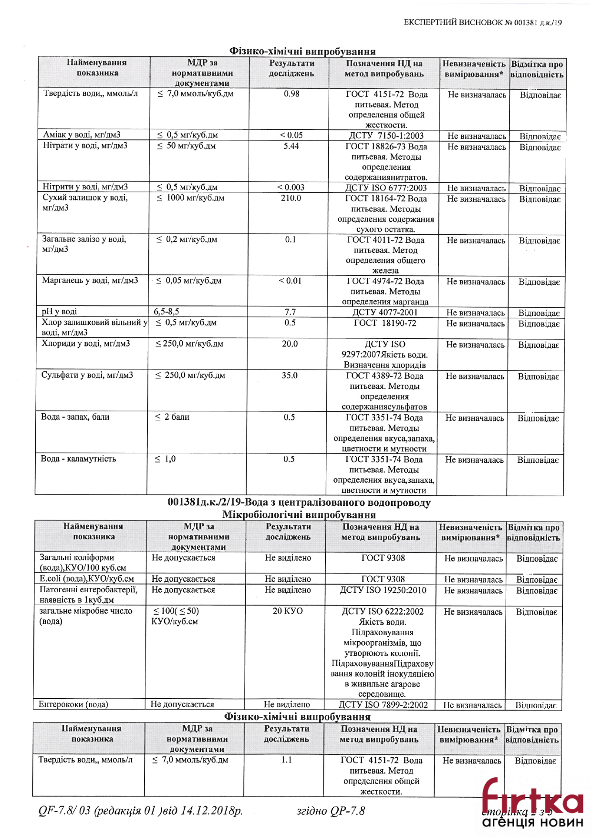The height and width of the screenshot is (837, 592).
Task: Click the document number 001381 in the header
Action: click(x=526, y=22)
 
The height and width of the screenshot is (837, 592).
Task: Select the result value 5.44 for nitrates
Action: click(x=291, y=146)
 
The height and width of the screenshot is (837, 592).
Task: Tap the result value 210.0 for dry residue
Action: click(x=291, y=198)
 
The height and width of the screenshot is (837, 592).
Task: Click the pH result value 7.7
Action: click(x=290, y=312)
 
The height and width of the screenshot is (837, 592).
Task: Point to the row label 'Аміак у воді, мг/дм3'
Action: click(x=82, y=135)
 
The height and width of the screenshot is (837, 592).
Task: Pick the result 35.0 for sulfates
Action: click(x=289, y=376)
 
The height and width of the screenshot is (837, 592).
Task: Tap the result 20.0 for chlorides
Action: click(x=290, y=344)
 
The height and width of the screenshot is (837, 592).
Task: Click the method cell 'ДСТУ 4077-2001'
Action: click(x=384, y=313)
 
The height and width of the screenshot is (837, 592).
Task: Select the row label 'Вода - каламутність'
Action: click(x=78, y=459)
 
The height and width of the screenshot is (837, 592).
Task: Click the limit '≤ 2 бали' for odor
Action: click(x=172, y=417)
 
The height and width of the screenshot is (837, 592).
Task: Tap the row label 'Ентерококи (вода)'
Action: click(x=73, y=704)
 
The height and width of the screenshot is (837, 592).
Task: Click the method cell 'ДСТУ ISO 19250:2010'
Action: click(x=383, y=590)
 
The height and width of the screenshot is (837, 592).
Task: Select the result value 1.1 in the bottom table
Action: click(x=286, y=760)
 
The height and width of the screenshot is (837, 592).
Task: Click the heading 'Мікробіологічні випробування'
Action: click(x=299, y=515)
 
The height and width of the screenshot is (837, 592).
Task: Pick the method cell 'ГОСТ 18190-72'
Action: click(x=384, y=323)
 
